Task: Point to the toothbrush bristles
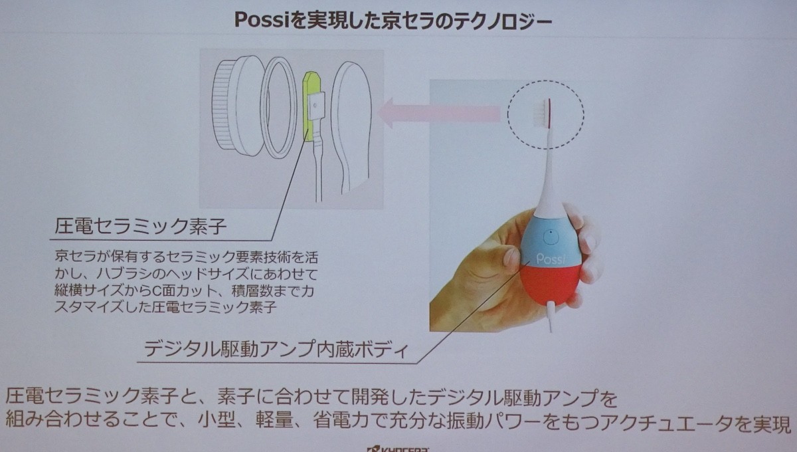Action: click(x=541, y=114)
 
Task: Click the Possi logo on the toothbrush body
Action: click(x=550, y=259)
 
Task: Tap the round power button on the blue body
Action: click(x=551, y=237)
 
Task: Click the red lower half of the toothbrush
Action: click(x=549, y=284)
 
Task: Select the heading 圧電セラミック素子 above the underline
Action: click(x=141, y=226)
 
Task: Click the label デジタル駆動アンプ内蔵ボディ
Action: click(x=276, y=349)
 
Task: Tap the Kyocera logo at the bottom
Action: click(x=398, y=449)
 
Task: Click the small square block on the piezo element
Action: click(x=316, y=106)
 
